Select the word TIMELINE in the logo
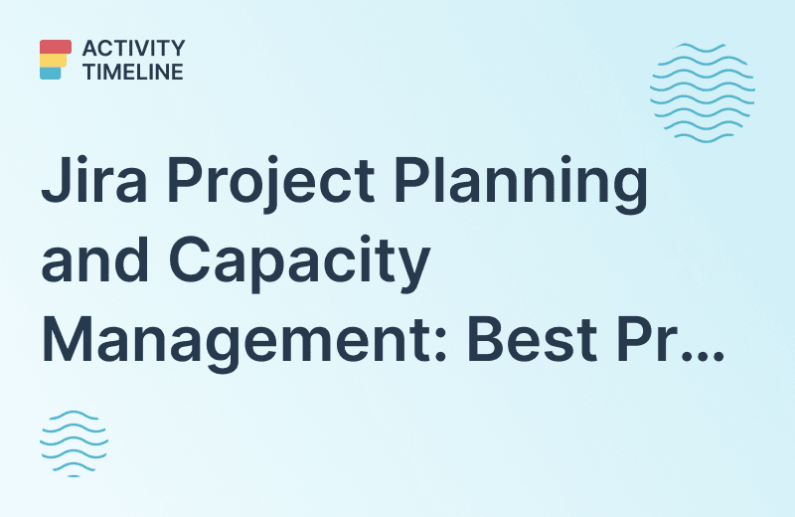[133, 72]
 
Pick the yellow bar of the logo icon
[53, 60]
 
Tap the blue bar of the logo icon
[51, 73]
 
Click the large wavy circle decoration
[702, 91]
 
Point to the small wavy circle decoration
[73, 443]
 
